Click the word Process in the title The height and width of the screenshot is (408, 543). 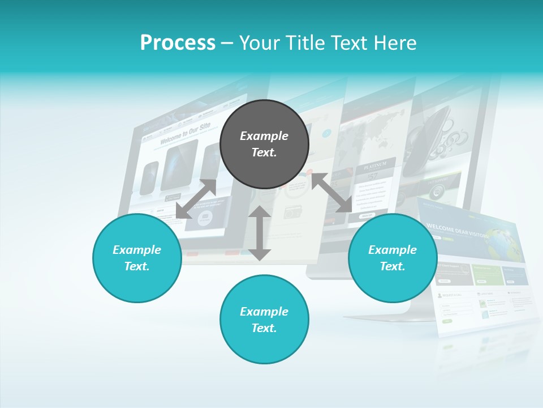coord(178,43)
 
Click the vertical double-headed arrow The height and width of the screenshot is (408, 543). coord(260,233)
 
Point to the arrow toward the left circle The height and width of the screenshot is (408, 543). coord(196,199)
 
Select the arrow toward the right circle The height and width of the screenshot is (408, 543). coord(331,193)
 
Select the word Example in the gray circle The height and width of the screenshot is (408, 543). coord(264,136)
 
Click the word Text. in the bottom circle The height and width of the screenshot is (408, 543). coord(264,328)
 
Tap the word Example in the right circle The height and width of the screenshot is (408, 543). coord(393,250)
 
